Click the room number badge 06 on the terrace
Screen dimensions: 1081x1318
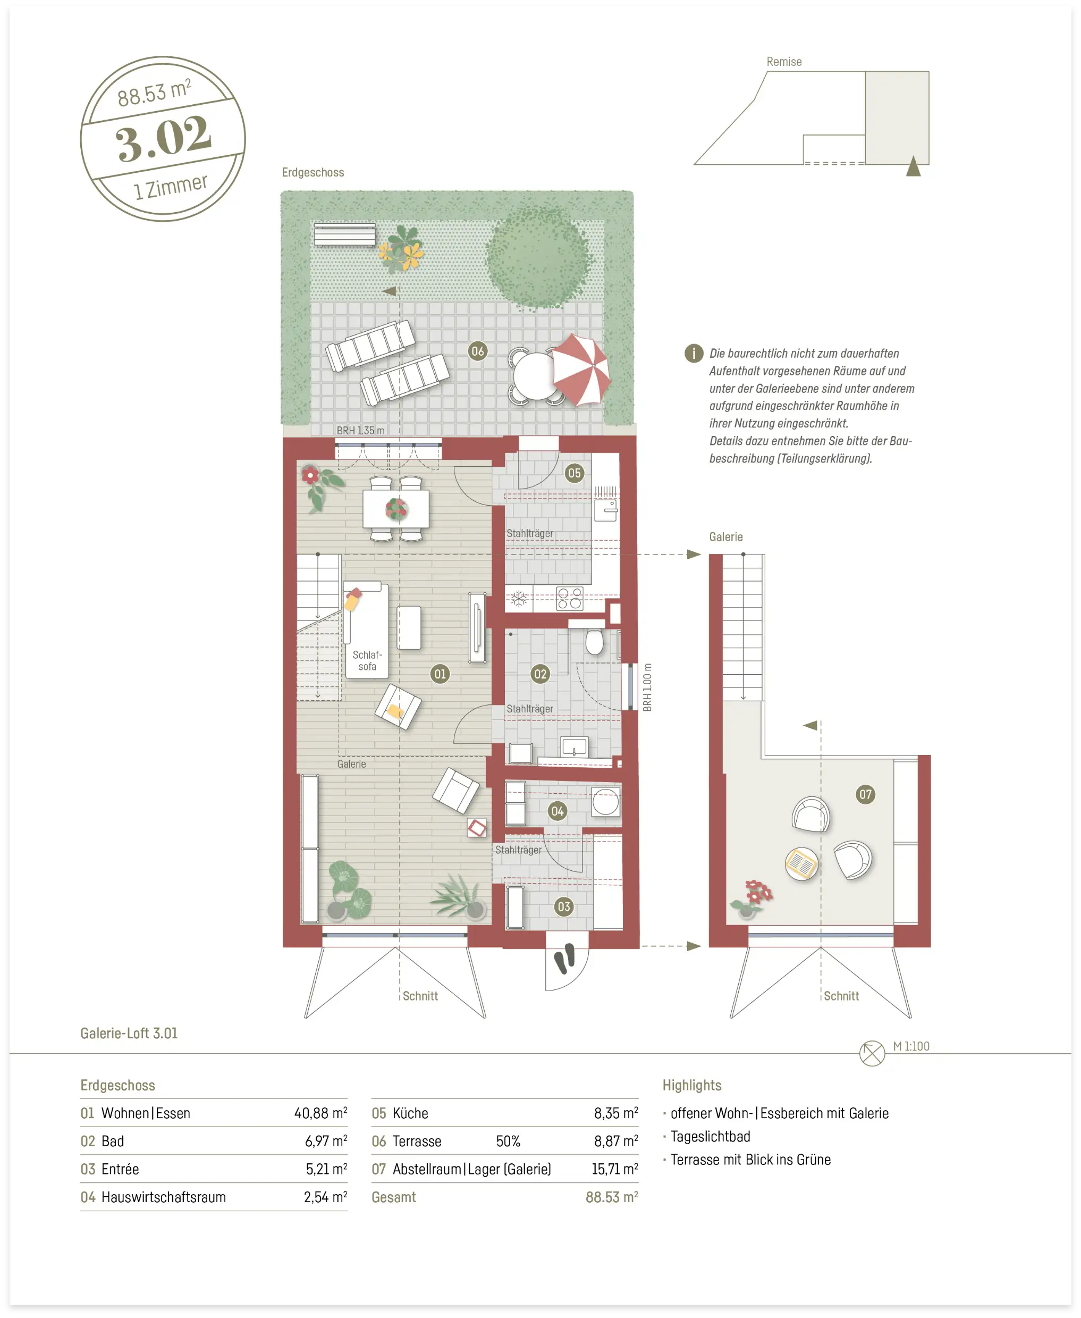click(478, 351)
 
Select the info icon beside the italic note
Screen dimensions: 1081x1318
click(694, 353)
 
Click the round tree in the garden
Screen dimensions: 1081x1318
click(538, 257)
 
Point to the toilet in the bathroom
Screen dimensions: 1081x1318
click(595, 642)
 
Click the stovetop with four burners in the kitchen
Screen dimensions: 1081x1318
click(570, 599)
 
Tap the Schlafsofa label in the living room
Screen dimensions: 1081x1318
click(367, 660)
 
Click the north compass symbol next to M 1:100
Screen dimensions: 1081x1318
click(872, 1053)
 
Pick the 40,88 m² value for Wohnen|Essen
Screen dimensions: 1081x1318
click(320, 1113)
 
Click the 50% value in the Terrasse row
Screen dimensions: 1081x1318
click(508, 1141)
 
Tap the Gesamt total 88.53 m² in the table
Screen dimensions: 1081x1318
click(612, 1197)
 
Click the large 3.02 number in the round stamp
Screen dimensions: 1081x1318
click(164, 138)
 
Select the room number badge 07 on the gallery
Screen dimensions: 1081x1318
click(865, 794)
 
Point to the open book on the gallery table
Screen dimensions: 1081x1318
click(801, 864)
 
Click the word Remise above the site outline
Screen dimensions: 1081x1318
click(784, 62)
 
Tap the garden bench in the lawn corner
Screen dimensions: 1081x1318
click(344, 235)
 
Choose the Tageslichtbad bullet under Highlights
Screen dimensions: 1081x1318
click(710, 1137)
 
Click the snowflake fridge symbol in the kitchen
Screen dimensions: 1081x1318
click(519, 599)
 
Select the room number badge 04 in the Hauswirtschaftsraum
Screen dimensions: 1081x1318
click(558, 811)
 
